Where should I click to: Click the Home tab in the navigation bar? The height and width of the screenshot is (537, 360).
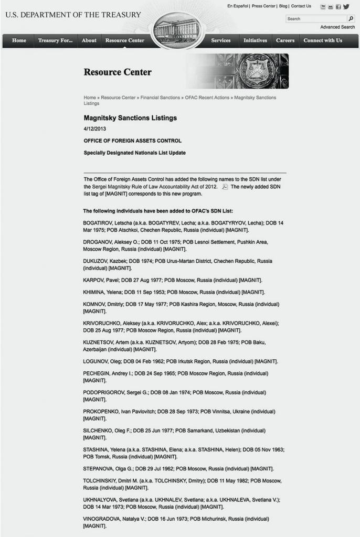point(19,40)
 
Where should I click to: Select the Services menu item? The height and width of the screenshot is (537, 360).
point(221,40)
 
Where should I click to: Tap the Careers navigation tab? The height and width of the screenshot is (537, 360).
point(285,40)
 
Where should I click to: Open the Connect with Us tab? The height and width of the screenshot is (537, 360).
point(323,40)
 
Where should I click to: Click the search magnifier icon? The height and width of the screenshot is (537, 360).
point(351,18)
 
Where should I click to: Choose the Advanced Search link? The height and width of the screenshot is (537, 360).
point(337,27)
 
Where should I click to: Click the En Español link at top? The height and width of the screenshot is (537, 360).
point(238,6)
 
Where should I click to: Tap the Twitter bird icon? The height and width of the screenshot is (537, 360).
point(346,7)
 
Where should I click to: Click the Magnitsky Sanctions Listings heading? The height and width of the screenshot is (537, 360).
point(130,118)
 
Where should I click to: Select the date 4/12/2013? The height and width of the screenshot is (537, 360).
point(95,129)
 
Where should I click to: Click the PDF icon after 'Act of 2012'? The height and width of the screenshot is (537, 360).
point(225,187)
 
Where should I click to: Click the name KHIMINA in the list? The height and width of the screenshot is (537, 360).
point(94,292)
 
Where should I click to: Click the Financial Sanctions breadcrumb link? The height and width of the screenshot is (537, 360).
point(160,98)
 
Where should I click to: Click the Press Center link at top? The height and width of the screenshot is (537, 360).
point(263,6)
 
